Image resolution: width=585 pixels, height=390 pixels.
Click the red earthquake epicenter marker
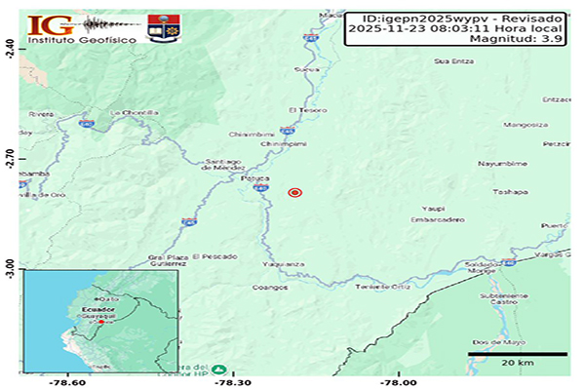[295, 193]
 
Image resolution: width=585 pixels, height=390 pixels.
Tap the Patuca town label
[255, 179]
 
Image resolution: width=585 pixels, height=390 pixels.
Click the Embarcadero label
[437, 220]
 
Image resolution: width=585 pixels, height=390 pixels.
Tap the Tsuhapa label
[509, 192]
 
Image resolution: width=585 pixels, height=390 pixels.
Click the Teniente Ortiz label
[381, 287]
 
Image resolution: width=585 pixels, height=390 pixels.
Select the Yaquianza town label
[284, 264]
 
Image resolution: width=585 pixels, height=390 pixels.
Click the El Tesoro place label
[305, 109]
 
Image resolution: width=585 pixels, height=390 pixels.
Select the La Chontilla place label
[135, 113]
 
